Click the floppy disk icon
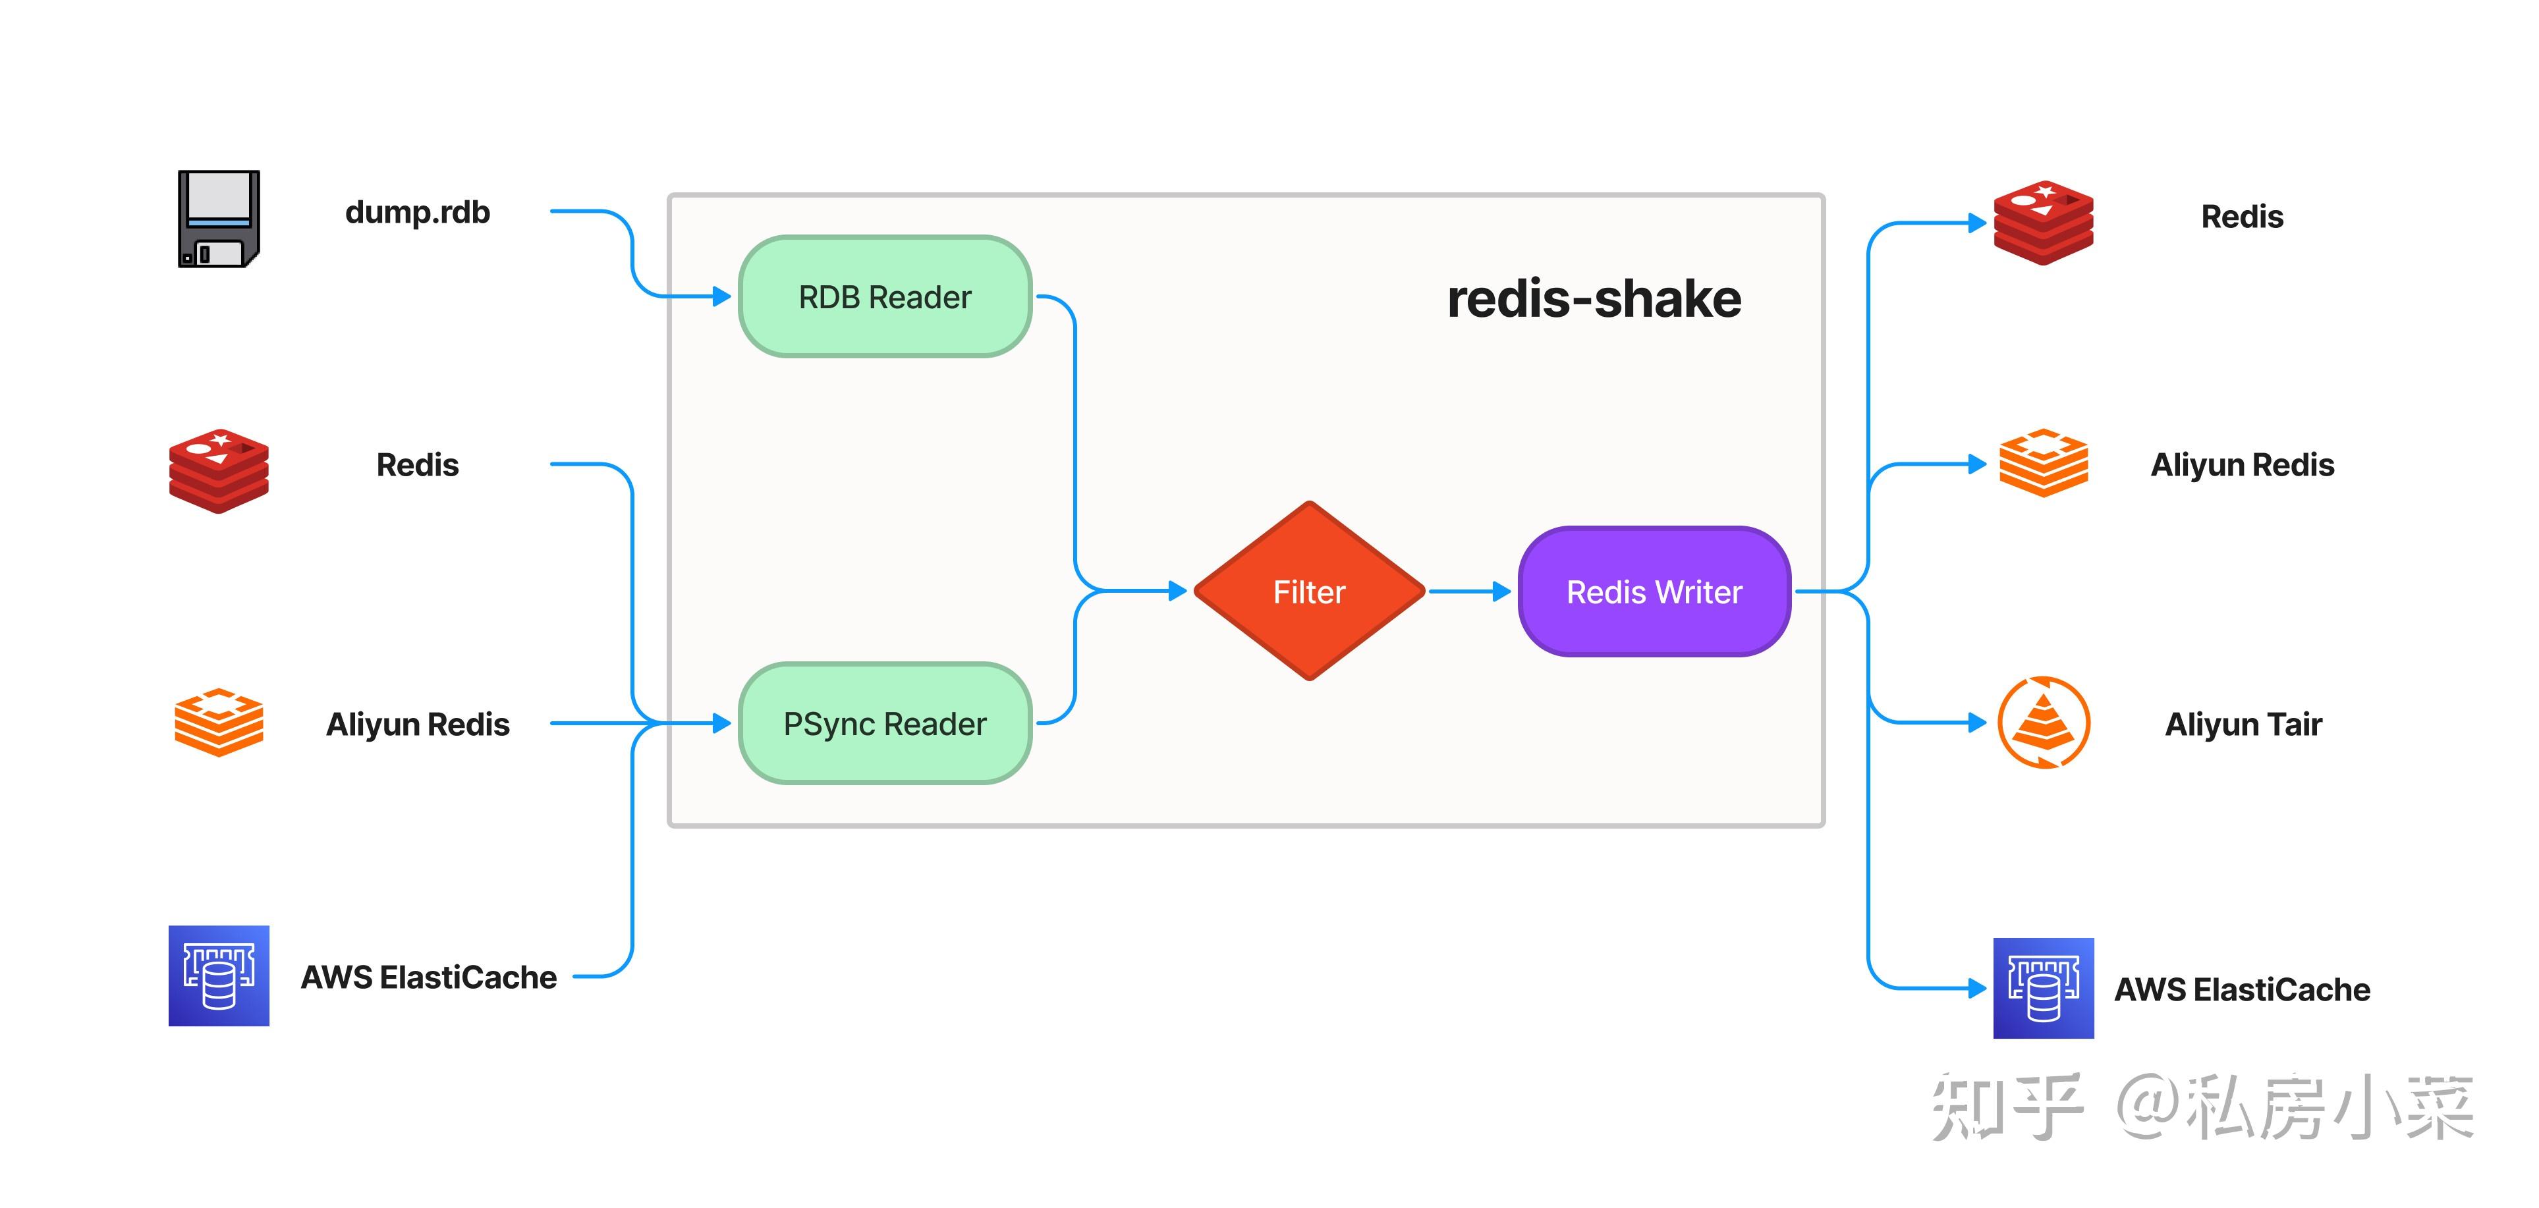point(219,218)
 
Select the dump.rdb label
point(417,213)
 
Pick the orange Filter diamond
point(1309,591)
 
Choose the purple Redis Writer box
point(1654,591)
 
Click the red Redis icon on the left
point(219,470)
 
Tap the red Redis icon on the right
point(2042,223)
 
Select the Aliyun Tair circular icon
point(2043,723)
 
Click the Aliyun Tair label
point(2243,725)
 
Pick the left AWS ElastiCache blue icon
point(219,975)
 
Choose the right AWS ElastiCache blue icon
point(2043,987)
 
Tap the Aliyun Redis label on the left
point(417,725)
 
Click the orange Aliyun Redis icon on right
point(2043,463)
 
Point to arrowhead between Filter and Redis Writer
point(1501,591)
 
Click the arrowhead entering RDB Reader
point(721,296)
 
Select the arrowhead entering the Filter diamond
point(1177,591)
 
